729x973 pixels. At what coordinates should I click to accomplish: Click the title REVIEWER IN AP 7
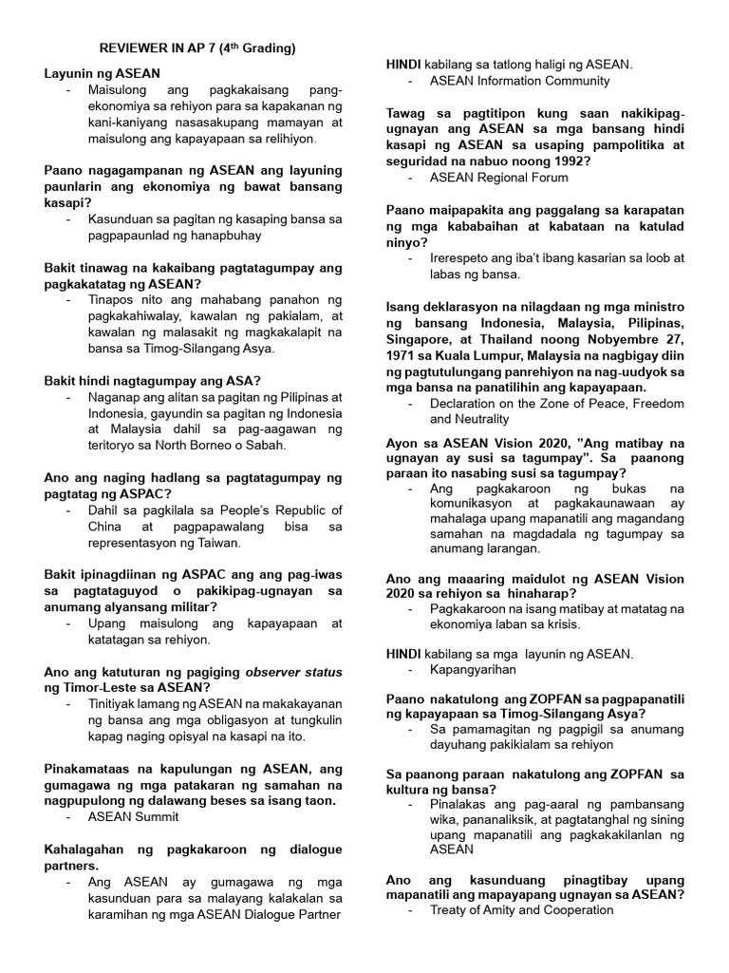tap(198, 48)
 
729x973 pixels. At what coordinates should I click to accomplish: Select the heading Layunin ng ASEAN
tap(103, 72)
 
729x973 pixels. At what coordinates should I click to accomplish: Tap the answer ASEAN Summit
tap(133, 816)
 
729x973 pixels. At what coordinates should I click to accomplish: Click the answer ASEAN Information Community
tap(519, 81)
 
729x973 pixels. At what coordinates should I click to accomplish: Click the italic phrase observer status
tap(293, 672)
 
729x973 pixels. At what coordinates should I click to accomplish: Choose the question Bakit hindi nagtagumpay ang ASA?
tap(153, 380)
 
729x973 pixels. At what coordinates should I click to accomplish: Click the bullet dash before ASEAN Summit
tap(70, 816)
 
